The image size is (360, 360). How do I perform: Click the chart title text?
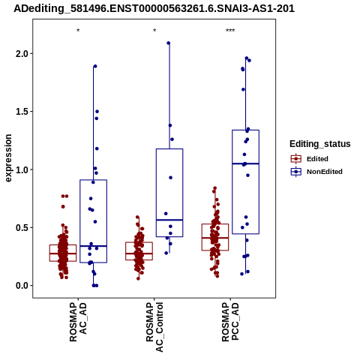point(154,8)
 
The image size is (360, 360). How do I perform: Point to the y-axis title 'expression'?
point(8,158)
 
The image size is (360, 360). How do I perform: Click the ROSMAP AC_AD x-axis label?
point(78,322)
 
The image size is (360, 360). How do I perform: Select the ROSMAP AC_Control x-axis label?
point(154,327)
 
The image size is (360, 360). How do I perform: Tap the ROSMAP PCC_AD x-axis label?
point(230,322)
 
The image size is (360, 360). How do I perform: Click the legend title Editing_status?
point(320,144)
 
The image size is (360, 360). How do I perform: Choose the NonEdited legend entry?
point(316,172)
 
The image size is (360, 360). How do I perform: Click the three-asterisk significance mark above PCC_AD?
point(230,31)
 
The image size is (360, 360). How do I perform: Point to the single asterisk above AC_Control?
point(154,30)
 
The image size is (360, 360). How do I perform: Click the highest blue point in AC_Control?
point(169,43)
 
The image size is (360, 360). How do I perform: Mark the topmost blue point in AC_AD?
point(95,66)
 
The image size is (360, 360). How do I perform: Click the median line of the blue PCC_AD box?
point(245,163)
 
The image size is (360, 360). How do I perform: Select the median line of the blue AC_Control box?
point(169,220)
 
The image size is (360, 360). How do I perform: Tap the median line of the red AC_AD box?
point(63,253)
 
